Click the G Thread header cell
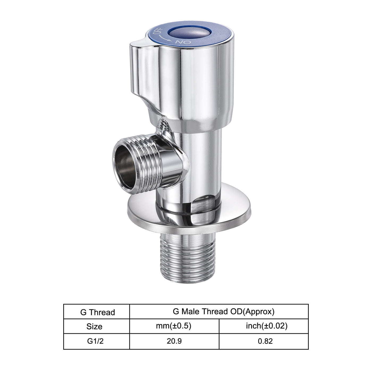[x=97, y=312]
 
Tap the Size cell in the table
[x=94, y=326]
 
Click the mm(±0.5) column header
[x=174, y=326]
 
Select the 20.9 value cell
[x=174, y=341]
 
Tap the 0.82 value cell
[x=265, y=341]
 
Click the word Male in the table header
[x=191, y=311]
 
